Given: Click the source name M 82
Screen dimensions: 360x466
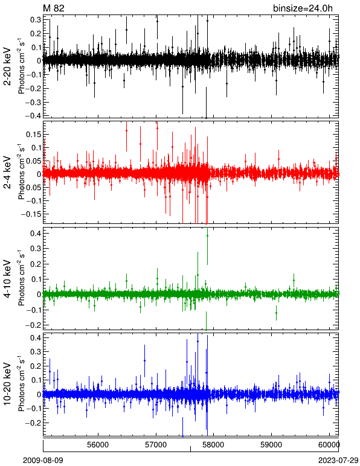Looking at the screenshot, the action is [54, 8].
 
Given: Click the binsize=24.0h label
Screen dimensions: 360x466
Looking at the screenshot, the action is [303, 8].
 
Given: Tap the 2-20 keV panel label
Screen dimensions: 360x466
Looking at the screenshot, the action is [7, 66].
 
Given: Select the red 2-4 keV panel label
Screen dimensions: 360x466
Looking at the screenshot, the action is [7, 172].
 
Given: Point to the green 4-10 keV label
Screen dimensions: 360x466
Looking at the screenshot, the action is [7, 278].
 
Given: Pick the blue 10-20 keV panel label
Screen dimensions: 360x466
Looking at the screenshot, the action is [7, 384].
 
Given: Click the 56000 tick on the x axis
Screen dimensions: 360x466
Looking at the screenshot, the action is [98, 445].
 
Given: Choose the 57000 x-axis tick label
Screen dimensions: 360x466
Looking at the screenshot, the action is [156, 445].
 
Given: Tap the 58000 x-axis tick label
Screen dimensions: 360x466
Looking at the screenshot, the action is [214, 445].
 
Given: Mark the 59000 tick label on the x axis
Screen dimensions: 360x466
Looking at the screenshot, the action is [272, 445].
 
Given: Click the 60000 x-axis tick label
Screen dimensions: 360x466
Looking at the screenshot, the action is [330, 445].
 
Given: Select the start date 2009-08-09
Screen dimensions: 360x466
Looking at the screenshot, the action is [43, 461].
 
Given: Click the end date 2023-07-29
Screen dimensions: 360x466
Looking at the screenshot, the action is [339, 461].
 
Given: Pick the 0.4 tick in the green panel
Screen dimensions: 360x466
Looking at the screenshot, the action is [36, 233].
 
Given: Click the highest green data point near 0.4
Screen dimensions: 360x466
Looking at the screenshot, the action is [208, 235].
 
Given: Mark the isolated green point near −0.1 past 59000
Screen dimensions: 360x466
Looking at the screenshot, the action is [277, 313].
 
